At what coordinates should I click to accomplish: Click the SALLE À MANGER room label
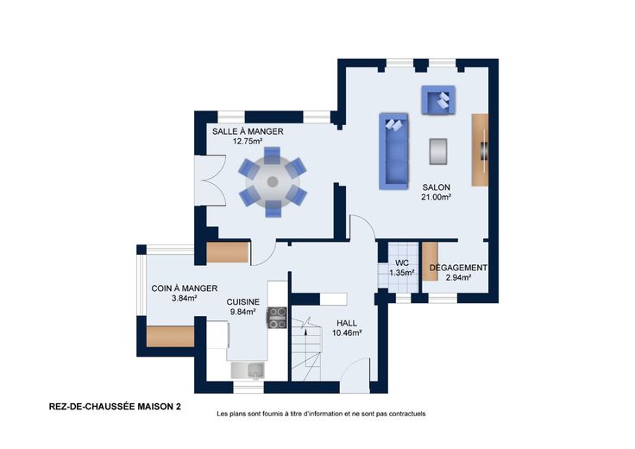click(x=248, y=131)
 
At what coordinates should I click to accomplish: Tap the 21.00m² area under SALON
click(x=437, y=198)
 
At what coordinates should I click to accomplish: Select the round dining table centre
click(x=273, y=181)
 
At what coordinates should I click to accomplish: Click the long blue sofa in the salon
click(x=393, y=151)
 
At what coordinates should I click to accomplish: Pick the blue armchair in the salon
click(x=437, y=100)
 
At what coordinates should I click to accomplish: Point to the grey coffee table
click(x=438, y=152)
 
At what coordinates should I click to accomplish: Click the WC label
click(x=402, y=263)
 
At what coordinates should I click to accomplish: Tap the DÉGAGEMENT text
click(x=458, y=268)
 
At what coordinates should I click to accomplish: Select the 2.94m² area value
click(x=458, y=277)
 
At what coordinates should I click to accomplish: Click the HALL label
click(x=347, y=323)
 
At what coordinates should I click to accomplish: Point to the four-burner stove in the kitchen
click(x=277, y=318)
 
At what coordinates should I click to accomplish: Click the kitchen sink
click(x=248, y=370)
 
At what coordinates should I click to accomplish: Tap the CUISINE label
click(x=243, y=302)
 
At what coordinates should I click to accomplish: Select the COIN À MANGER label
click(x=185, y=288)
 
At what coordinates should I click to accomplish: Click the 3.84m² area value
click(x=185, y=298)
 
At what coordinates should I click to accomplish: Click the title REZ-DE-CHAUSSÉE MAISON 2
click(x=115, y=407)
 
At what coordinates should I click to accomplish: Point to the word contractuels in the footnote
click(x=409, y=414)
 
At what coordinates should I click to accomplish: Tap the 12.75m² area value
click(x=248, y=142)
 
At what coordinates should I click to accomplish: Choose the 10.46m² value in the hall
click(x=347, y=333)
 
